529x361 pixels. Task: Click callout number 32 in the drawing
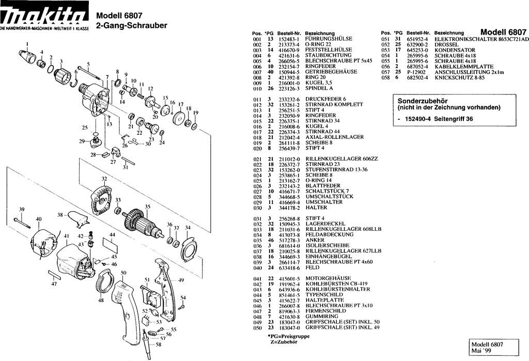[x=104, y=179]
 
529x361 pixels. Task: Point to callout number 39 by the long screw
[x=22, y=209]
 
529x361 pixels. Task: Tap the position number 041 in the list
[x=256, y=278]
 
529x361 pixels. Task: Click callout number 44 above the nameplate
[x=112, y=234]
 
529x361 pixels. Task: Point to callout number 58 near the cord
[x=158, y=344]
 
